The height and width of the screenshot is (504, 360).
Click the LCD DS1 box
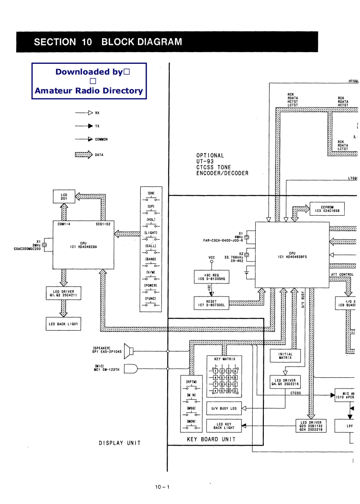pos(64,196)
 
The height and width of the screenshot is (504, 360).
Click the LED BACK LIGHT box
pos(63,323)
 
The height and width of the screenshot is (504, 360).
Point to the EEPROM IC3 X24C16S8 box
pos(327,209)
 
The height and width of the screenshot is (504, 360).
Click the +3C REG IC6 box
pos(211,276)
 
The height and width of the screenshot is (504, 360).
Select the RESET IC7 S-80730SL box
pos(211,303)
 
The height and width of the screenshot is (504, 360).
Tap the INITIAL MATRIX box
pos(285,355)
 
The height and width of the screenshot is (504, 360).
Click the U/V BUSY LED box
pos(224,408)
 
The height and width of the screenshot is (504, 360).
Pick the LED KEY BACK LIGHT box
pos(224,426)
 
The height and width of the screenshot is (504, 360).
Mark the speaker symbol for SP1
pos(129,351)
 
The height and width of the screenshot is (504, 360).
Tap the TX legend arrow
pos(84,126)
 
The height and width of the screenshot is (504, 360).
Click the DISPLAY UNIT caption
pos(120,443)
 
